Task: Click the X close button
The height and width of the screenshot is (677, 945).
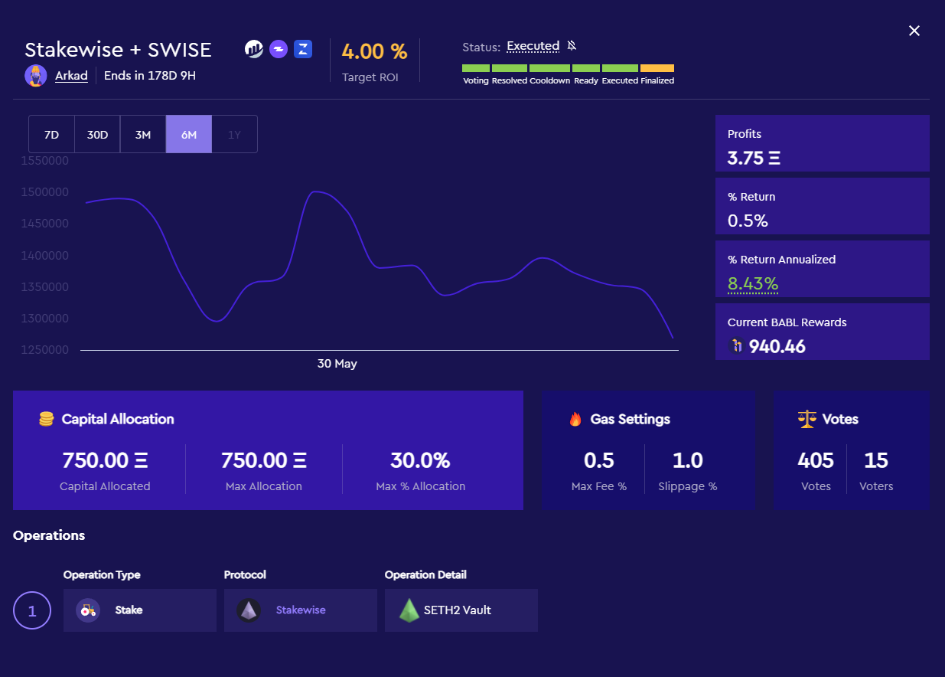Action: pyautogui.click(x=914, y=31)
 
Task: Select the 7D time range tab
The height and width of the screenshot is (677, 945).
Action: pyautogui.click(x=51, y=135)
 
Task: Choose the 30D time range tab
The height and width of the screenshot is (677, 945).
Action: pyautogui.click(x=97, y=135)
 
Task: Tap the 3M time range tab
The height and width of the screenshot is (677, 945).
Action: pyautogui.click(x=143, y=135)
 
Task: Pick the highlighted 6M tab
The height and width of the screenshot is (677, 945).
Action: pyautogui.click(x=189, y=135)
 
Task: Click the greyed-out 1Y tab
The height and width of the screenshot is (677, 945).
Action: pyautogui.click(x=234, y=135)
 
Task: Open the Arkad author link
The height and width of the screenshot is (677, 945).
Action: pyautogui.click(x=71, y=76)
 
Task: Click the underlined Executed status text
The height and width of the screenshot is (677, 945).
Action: pyautogui.click(x=533, y=47)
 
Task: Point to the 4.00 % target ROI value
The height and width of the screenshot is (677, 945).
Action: pyautogui.click(x=374, y=52)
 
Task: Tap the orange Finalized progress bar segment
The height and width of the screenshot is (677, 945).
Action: pyautogui.click(x=657, y=68)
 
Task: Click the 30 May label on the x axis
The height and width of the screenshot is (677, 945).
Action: pyautogui.click(x=337, y=364)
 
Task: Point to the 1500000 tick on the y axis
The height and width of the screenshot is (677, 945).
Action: pyautogui.click(x=45, y=192)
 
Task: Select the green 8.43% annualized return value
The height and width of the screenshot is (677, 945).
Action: pyautogui.click(x=753, y=284)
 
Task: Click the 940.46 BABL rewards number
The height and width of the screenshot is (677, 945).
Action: pyautogui.click(x=777, y=347)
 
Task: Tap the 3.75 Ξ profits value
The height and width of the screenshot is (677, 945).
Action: pyautogui.click(x=754, y=159)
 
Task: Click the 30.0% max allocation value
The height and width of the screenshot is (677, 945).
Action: pyautogui.click(x=420, y=460)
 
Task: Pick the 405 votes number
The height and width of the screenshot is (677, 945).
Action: pyautogui.click(x=816, y=460)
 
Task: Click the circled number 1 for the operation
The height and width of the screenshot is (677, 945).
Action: pyautogui.click(x=32, y=610)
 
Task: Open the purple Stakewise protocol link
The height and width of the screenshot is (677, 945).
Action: pyautogui.click(x=301, y=610)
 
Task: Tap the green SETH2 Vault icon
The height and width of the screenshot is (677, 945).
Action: pyautogui.click(x=409, y=610)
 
